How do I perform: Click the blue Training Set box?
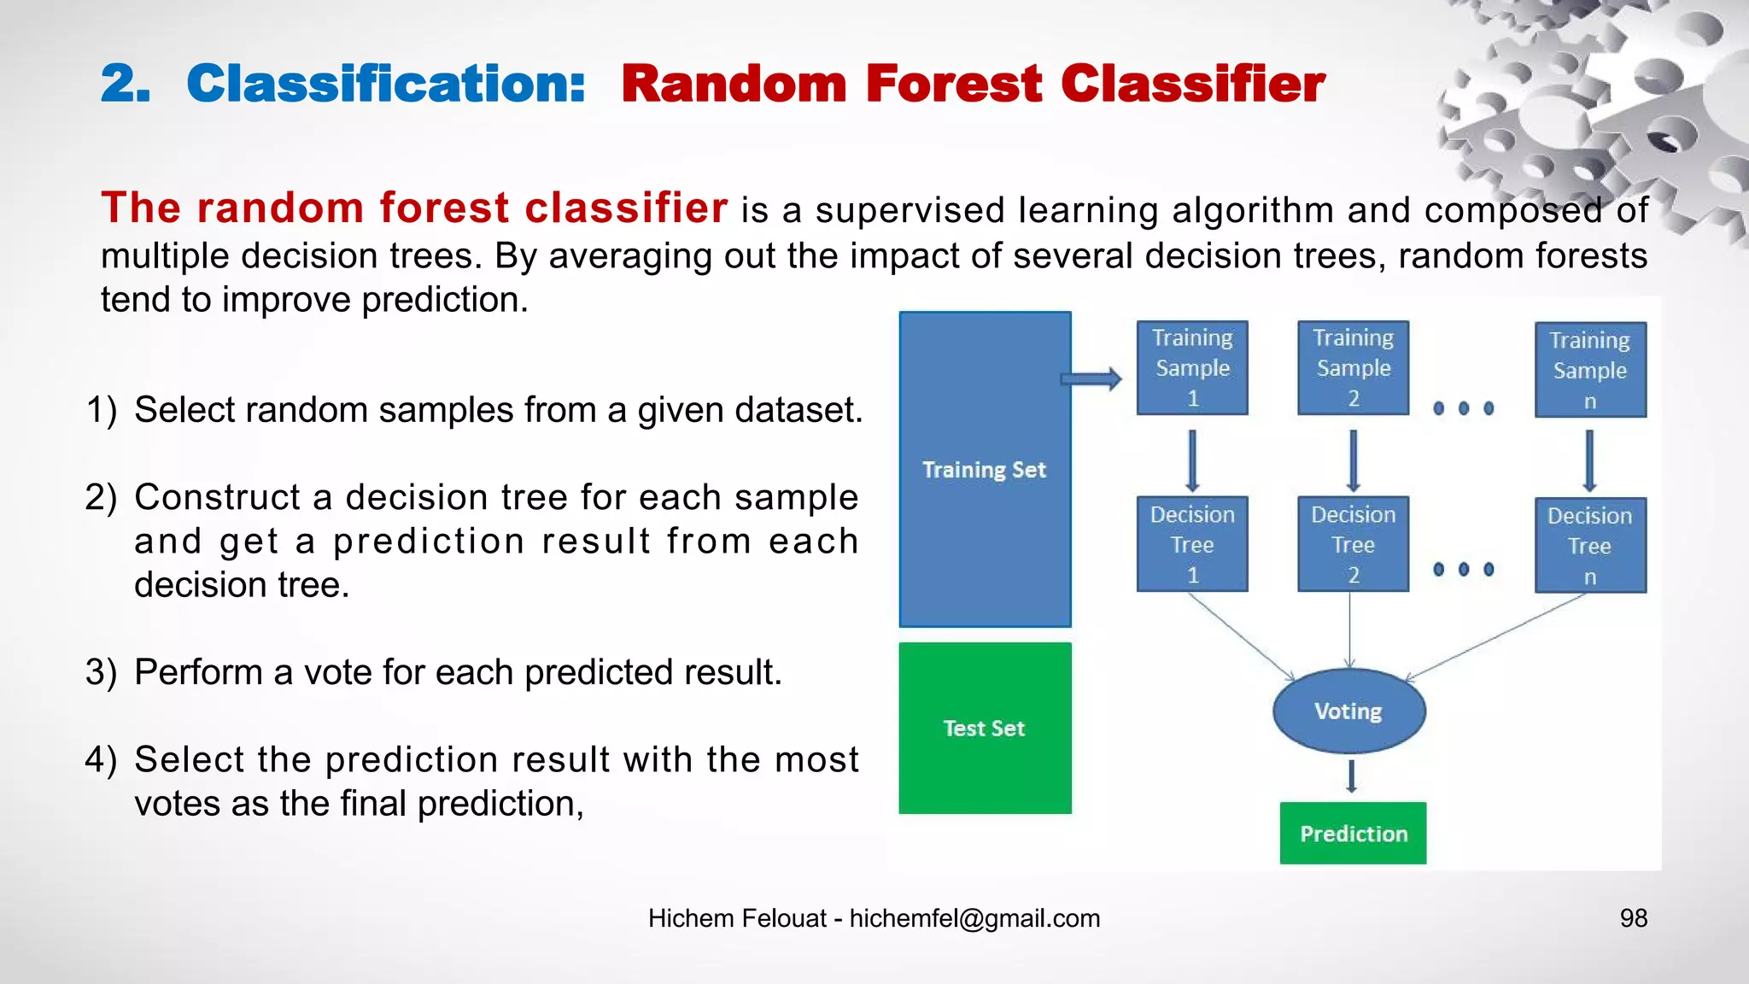pos(985,469)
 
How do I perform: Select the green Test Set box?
pos(985,728)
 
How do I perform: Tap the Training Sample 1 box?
pos(1192,368)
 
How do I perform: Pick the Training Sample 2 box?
pos(1353,368)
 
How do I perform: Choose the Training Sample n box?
pos(1590,370)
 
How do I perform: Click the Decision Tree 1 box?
pos(1192,544)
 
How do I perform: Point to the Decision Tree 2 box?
pos(1353,544)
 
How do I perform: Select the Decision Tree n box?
pos(1590,546)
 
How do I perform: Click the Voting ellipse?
pos(1348,711)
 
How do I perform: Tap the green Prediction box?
pos(1353,833)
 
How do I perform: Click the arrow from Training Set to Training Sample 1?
pos(1091,379)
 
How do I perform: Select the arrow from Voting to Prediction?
pos(1351,776)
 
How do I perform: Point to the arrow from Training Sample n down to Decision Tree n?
pos(1589,460)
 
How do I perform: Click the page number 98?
pos(1633,918)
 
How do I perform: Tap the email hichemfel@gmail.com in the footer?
pos(974,918)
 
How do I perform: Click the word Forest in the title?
pos(953,85)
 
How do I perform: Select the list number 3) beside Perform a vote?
pos(101,672)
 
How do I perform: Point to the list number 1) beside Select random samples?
pos(101,410)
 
